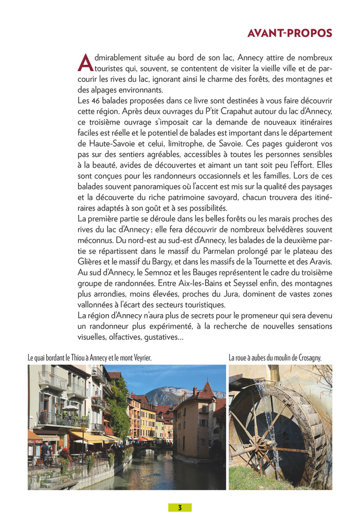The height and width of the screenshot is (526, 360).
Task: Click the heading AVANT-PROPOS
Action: (x=290, y=33)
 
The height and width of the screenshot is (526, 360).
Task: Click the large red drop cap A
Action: (x=85, y=63)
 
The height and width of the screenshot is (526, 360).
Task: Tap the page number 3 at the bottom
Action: (x=180, y=507)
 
